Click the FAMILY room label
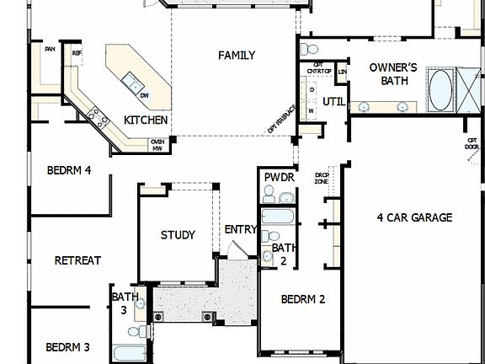coord(237,56)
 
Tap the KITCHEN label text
coord(146,120)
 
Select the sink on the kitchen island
coord(131,82)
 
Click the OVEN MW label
coord(157,145)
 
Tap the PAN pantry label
coord(50,50)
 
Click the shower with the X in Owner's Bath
coord(466,83)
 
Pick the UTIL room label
coord(333,102)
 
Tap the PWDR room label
coord(278,178)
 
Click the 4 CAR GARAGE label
coord(413,217)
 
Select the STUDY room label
coord(178,235)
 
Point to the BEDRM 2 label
coord(302,299)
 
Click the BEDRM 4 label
coord(68,170)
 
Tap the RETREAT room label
coord(77,260)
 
